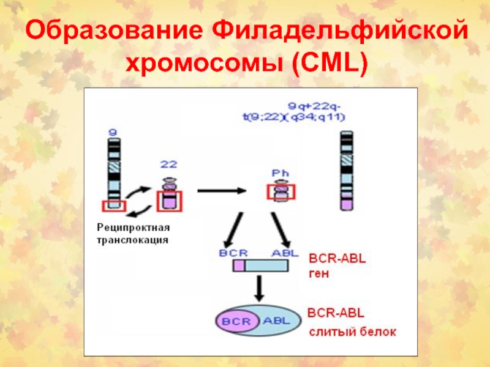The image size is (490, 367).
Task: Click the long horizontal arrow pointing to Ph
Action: click(x=219, y=191)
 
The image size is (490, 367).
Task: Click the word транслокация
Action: click(x=132, y=240)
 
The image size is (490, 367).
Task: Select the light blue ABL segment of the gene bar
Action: click(x=267, y=265)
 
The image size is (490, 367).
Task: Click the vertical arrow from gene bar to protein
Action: click(x=259, y=287)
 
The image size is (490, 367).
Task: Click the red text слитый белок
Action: click(x=352, y=332)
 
